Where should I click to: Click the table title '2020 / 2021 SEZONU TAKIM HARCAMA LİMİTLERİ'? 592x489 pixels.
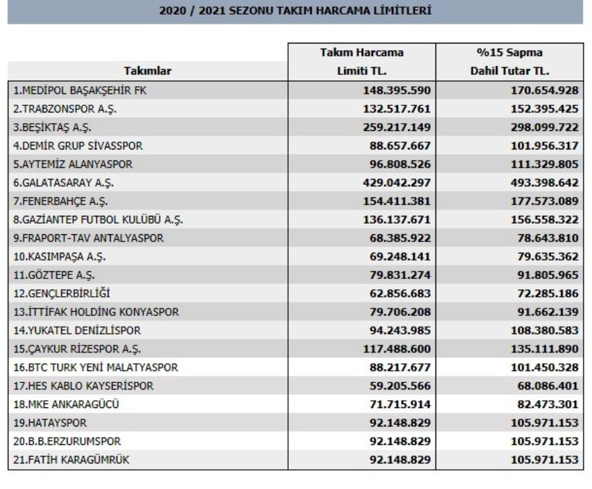[295, 11]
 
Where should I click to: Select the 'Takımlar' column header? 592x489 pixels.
[147, 71]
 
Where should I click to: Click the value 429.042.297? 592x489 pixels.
[393, 182]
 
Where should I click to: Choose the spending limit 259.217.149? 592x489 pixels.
[393, 127]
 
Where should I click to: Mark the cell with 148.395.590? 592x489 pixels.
[393, 90]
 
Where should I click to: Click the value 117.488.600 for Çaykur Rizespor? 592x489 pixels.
[393, 348]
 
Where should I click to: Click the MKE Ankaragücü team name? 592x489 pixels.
[66, 403]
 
